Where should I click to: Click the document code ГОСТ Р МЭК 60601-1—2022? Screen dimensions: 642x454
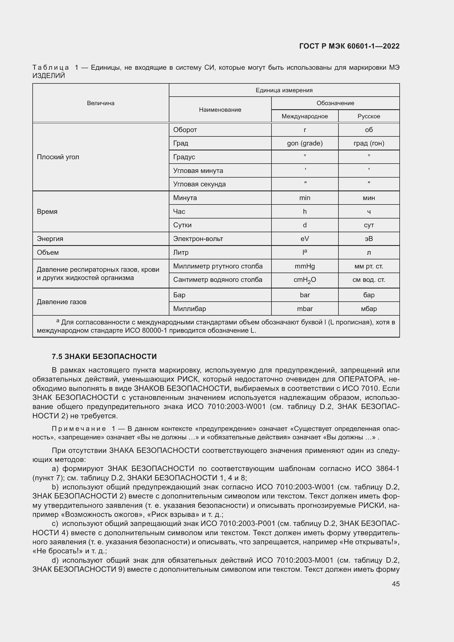point(349,46)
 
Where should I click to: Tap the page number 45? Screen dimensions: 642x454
point(396,584)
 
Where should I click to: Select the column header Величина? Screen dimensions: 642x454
point(101,103)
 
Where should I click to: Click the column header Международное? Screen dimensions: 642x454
point(305,116)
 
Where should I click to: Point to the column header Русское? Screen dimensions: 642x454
point(369,116)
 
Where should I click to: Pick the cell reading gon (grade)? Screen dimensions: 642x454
point(305,144)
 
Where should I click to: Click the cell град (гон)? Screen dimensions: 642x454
point(369,144)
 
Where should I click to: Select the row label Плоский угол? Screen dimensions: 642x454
point(58,157)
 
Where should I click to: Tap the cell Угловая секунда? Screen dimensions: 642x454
point(199,184)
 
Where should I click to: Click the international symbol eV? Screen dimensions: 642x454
point(305,239)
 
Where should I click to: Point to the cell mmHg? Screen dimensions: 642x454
point(305,266)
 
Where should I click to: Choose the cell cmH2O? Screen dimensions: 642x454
point(305,280)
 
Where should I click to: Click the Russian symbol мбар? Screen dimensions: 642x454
point(369,309)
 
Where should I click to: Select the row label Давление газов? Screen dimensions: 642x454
point(61,302)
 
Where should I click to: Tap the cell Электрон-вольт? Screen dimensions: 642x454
point(198,239)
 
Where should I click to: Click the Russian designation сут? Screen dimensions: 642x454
point(369,225)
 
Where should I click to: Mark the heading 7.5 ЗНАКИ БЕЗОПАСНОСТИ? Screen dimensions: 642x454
point(104,357)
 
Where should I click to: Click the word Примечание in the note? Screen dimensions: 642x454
point(79,429)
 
